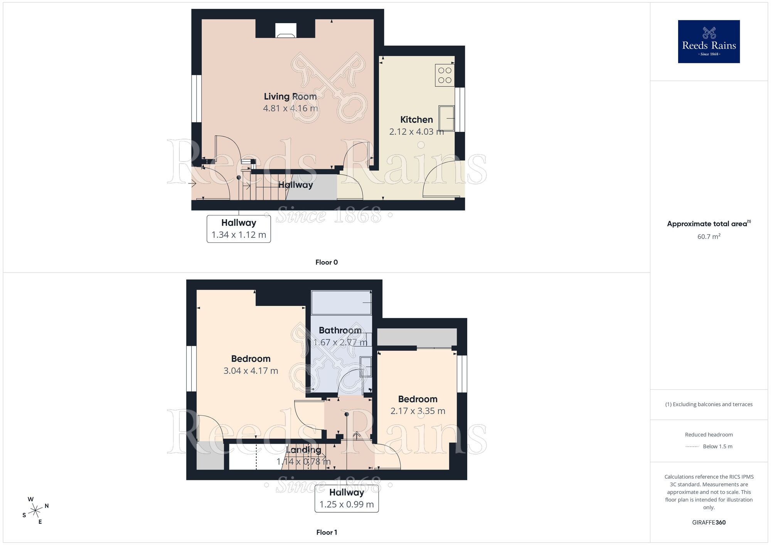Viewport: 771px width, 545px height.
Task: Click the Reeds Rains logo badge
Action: [x=709, y=42]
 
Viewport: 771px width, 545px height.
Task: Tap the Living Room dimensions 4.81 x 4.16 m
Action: [x=290, y=108]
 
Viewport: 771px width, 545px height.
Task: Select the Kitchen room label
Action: [x=416, y=119]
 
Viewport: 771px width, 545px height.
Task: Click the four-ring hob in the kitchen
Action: [x=444, y=75]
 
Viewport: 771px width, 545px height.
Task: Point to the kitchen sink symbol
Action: [x=446, y=118]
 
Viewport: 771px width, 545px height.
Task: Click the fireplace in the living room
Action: [x=286, y=30]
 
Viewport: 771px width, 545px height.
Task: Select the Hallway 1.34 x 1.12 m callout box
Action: [x=239, y=229]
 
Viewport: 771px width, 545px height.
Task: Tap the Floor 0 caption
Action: [x=327, y=262]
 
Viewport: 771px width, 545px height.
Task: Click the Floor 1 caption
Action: [x=327, y=532]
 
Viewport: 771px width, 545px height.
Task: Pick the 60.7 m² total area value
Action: [x=709, y=237]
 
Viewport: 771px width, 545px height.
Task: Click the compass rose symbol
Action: [x=35, y=511]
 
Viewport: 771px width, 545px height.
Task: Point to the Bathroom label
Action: [x=340, y=330]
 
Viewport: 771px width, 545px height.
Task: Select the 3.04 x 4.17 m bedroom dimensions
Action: [x=251, y=371]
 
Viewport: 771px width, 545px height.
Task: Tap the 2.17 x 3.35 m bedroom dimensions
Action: [x=417, y=411]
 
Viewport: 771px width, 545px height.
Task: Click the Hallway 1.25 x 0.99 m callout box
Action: [x=347, y=499]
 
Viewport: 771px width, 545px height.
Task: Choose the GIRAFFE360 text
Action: [x=709, y=523]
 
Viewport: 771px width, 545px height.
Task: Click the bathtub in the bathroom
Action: [x=341, y=303]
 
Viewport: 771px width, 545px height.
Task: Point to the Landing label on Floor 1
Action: [x=303, y=450]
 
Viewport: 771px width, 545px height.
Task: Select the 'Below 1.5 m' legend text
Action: [x=717, y=447]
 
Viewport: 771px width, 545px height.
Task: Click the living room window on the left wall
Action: [x=196, y=99]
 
